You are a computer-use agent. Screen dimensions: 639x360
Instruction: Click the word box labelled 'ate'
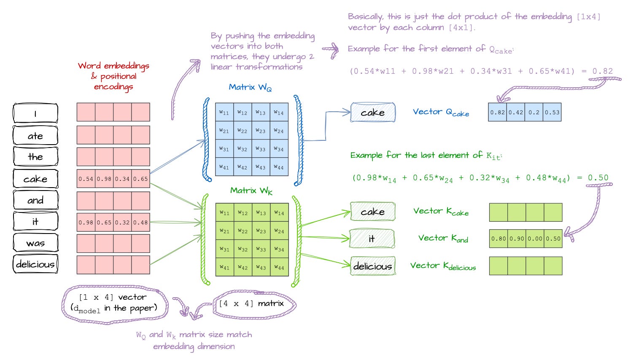[35, 135]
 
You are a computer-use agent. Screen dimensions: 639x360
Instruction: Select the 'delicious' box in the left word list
[35, 264]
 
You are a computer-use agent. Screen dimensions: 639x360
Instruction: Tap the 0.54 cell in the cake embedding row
[86, 179]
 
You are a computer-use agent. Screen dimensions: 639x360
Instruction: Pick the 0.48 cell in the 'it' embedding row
[140, 222]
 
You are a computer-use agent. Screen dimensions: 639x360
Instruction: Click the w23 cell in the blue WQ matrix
[260, 131]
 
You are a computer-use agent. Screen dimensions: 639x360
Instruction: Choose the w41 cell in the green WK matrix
[224, 267]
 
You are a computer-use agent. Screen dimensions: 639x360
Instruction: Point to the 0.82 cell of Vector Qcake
[497, 112]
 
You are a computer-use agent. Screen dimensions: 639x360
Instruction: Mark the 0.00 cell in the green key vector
[535, 239]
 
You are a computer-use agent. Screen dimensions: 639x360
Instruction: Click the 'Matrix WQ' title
[250, 87]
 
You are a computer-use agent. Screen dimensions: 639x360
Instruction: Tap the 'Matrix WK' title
[251, 191]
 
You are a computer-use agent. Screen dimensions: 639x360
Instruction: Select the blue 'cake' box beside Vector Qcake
[373, 112]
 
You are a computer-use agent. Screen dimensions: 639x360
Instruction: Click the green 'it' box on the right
[372, 239]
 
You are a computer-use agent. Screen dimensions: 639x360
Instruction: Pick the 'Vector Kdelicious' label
[443, 266]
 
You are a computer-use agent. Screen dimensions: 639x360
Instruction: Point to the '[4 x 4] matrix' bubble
[254, 304]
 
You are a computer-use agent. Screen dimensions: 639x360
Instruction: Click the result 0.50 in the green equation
[598, 177]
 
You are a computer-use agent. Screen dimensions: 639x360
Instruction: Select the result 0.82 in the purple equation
[602, 71]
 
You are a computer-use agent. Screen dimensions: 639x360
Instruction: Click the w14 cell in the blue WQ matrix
[279, 112]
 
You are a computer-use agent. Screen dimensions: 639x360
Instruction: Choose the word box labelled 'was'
[35, 243]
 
